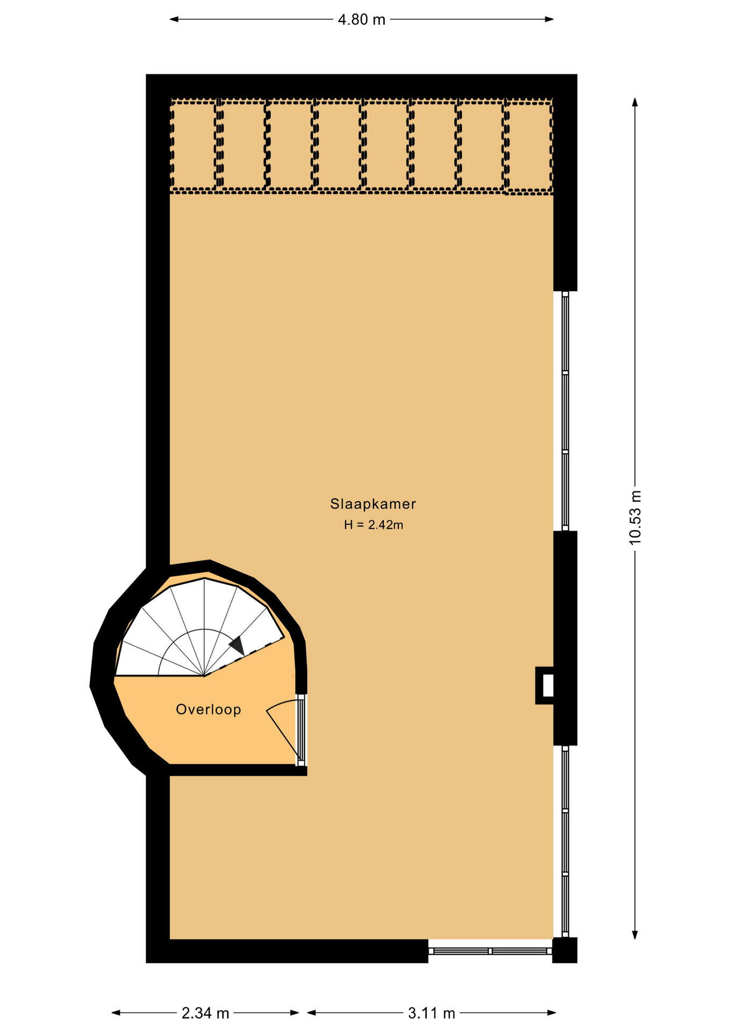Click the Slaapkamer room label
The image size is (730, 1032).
coord(373,504)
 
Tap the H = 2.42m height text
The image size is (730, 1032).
coord(374,525)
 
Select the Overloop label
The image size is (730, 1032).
coord(209,709)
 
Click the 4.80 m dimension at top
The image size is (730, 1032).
coord(361,19)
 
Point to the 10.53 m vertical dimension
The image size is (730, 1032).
coord(635,517)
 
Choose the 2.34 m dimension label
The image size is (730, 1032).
coord(205,1013)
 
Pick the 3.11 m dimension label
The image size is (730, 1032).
coord(432,1013)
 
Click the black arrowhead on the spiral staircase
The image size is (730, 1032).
coord(238,645)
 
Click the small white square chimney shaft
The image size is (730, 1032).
coord(548,685)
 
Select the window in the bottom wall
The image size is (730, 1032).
coord(490,951)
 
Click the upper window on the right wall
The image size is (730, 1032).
coord(565,411)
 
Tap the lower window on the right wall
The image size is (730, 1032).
coord(565,842)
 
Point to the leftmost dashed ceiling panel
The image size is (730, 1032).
coord(194,145)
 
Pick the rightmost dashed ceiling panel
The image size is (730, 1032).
coord(529,145)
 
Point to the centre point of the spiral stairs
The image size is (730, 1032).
coord(204,676)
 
